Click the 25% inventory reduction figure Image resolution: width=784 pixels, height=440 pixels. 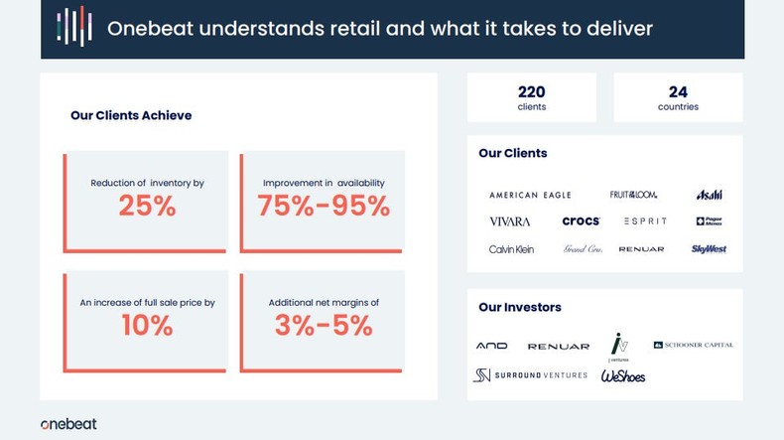click(147, 206)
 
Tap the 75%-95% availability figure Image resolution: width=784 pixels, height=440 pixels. click(324, 206)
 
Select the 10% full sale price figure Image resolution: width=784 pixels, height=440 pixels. click(147, 325)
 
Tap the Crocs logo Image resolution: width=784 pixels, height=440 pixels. click(581, 221)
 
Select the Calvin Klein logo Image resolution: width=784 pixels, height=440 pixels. click(511, 249)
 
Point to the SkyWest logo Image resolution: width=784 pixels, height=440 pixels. click(709, 249)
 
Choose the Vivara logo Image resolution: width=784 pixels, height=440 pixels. click(510, 221)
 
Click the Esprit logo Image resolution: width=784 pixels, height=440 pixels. click(645, 221)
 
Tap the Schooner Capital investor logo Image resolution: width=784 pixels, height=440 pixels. click(694, 345)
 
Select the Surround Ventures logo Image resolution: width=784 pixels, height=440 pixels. click(530, 374)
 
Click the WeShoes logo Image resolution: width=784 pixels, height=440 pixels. click(623, 375)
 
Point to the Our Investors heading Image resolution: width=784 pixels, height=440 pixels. click(519, 307)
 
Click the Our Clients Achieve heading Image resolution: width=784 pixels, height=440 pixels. click(131, 115)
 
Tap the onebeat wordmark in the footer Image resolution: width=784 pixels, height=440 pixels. click(68, 424)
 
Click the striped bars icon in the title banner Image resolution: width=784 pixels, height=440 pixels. click(74, 28)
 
